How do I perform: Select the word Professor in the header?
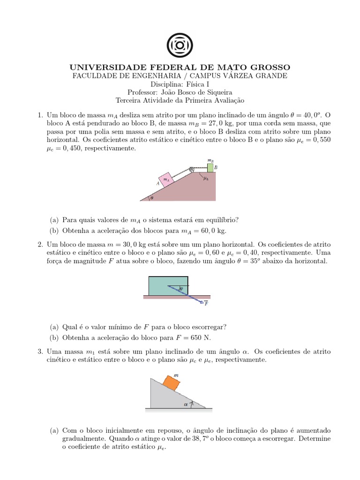pos(144,92)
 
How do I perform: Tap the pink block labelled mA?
pos(166,179)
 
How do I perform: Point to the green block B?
pos(210,167)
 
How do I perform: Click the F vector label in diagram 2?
pos(206,304)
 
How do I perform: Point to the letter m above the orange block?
pos(176,375)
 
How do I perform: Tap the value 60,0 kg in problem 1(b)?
pos(212,231)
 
